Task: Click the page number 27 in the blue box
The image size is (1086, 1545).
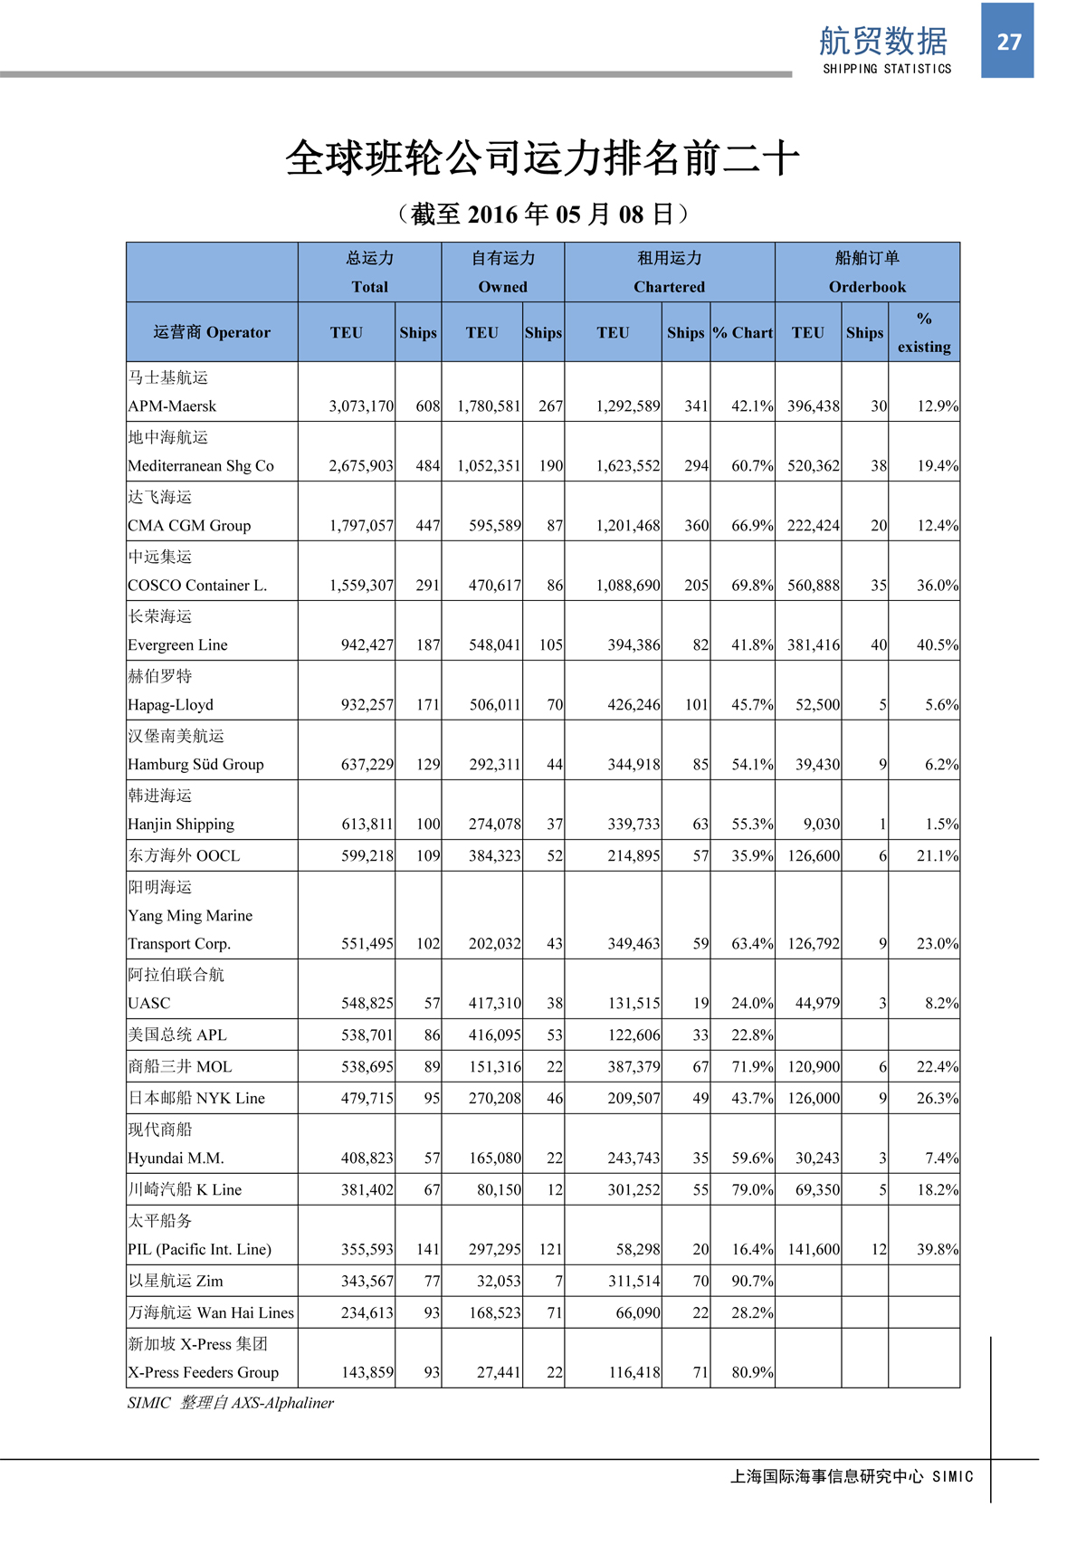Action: (x=1008, y=42)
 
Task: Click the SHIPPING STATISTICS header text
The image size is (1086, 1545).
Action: (x=887, y=69)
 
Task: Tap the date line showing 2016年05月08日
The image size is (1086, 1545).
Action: (x=543, y=215)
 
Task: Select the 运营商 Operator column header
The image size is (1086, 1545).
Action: (x=212, y=332)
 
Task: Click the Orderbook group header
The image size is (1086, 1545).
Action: (x=867, y=287)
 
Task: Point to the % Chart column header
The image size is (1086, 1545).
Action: (x=742, y=332)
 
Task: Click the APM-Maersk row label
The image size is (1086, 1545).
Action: (x=172, y=406)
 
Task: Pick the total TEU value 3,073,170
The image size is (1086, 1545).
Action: (x=361, y=406)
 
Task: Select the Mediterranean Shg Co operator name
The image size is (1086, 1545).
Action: (x=201, y=466)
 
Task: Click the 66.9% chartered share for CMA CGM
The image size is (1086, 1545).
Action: (x=752, y=526)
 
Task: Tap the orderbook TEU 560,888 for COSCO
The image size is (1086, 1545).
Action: (x=813, y=586)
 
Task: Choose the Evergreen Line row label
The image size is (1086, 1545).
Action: (x=177, y=645)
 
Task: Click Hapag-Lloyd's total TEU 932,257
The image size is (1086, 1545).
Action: (x=367, y=705)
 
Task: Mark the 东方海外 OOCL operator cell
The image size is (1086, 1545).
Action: (x=184, y=855)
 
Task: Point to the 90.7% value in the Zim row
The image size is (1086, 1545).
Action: (x=752, y=1281)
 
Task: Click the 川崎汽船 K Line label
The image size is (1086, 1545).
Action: (x=185, y=1189)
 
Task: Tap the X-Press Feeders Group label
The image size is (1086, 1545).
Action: (x=203, y=1372)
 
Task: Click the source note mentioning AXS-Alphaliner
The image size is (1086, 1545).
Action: (x=231, y=1403)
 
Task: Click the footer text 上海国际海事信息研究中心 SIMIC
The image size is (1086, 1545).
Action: (x=851, y=1476)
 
